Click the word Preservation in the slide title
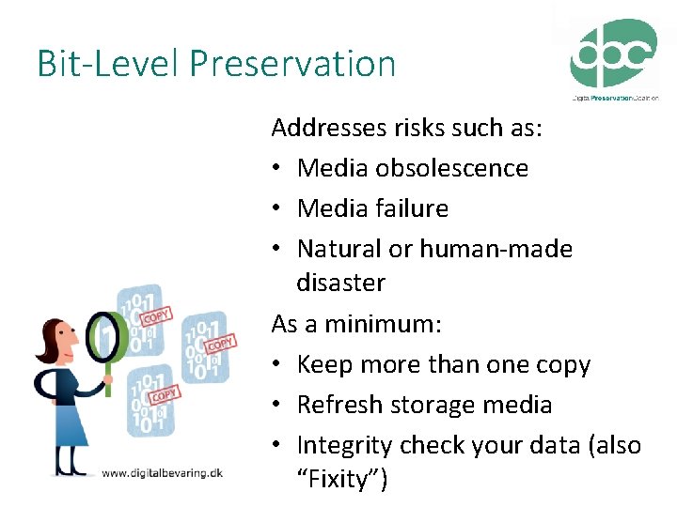[292, 64]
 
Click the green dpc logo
[613, 54]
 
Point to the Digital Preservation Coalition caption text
[615, 97]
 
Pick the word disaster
[340, 283]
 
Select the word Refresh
[335, 405]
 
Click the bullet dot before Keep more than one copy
[278, 365]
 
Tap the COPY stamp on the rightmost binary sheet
[220, 345]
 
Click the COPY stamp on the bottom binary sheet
[164, 395]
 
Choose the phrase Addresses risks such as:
[407, 128]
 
